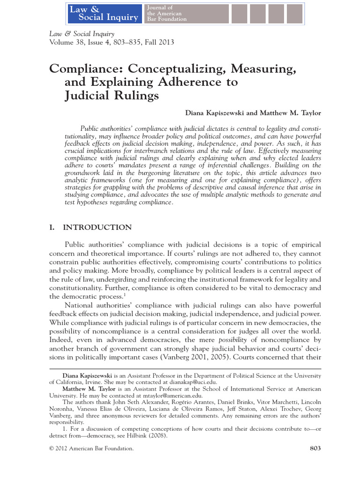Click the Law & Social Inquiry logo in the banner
tap(104, 13)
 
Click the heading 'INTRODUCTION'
tap(97, 227)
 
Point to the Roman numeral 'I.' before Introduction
tap(52, 227)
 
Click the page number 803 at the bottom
tap(315, 449)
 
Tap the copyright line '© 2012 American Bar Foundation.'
tap(91, 449)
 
